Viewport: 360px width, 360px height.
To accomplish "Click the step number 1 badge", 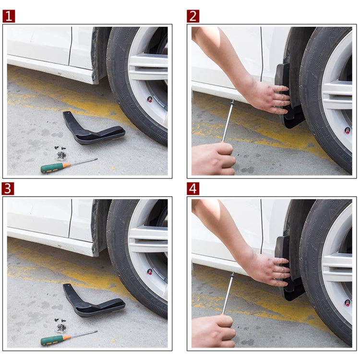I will (9, 16).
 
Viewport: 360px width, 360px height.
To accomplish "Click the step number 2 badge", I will (193, 16).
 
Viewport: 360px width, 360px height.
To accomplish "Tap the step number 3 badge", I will (9, 189).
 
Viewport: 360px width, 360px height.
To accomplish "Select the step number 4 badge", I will (193, 189).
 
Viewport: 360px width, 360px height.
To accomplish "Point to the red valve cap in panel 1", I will (150, 99).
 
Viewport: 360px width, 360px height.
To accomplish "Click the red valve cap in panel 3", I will (150, 272).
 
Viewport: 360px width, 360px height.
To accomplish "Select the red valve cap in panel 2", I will (347, 131).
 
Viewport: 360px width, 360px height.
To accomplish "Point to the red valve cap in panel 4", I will (347, 303).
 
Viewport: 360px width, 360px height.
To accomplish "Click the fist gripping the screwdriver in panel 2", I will (213, 158).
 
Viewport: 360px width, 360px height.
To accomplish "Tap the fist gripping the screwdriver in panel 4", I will (213, 331).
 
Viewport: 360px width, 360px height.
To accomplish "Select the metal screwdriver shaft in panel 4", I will (228, 293).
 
